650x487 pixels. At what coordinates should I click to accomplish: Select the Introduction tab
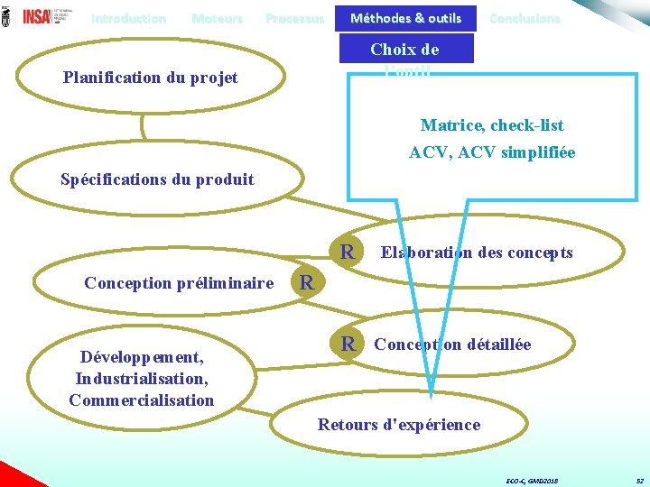tap(128, 18)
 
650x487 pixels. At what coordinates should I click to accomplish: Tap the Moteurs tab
tap(217, 18)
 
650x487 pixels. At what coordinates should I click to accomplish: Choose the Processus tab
tap(294, 18)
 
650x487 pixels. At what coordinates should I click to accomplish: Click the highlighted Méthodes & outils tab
tap(405, 18)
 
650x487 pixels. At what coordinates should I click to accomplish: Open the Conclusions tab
tap(525, 18)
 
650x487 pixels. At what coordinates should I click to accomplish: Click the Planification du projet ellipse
tap(151, 78)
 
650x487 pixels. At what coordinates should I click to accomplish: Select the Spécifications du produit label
tap(157, 179)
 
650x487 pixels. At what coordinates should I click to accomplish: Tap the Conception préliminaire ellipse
tap(179, 283)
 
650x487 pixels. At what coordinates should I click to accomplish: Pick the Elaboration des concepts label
tap(477, 253)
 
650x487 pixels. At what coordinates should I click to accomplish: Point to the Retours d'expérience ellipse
tap(399, 424)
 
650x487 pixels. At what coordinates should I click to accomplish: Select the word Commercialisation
tap(142, 400)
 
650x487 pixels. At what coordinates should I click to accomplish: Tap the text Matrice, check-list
tap(492, 125)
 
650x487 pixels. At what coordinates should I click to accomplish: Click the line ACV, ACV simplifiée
tap(492, 152)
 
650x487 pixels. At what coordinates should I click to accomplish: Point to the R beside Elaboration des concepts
tap(346, 250)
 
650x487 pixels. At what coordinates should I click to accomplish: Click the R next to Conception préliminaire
tap(307, 282)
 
